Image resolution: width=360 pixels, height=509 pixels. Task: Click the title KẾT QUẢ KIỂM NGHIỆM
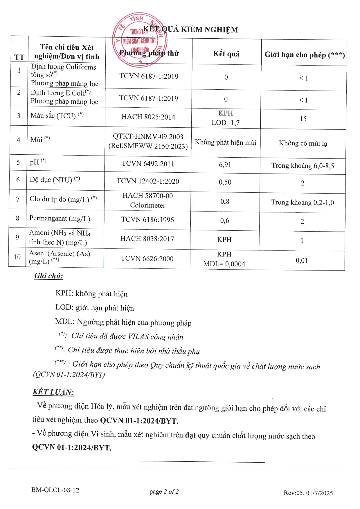(190, 29)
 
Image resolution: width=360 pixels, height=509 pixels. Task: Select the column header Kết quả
(226, 54)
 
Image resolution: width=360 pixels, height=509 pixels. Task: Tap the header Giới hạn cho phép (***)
(304, 55)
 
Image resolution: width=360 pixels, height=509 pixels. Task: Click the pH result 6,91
(225, 165)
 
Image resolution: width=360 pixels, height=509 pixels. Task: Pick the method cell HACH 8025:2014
(148, 117)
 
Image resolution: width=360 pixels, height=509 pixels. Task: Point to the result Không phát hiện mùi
(226, 142)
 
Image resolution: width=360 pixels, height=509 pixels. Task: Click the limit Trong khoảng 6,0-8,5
(303, 166)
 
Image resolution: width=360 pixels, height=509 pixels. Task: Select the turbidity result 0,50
(225, 182)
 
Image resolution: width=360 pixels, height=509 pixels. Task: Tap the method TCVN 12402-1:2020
(148, 181)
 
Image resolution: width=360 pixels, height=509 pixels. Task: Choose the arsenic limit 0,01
(302, 261)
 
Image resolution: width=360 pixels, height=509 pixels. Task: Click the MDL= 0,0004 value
(224, 264)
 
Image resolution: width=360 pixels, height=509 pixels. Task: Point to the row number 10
(17, 257)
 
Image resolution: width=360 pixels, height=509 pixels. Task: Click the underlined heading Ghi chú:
(48, 276)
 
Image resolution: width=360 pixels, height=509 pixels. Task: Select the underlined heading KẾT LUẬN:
(53, 392)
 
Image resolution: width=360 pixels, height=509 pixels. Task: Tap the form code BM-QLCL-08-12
(55, 490)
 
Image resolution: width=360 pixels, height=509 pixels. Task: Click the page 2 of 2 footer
(164, 492)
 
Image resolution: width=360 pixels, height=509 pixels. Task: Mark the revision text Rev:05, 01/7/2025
(308, 493)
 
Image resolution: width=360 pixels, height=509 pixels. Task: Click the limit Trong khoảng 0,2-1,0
(303, 202)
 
